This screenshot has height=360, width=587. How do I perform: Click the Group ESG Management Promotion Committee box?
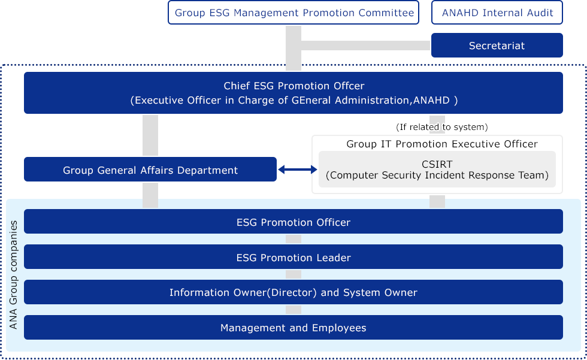pos(293,13)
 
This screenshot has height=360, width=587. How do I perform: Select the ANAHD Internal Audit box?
pos(497,13)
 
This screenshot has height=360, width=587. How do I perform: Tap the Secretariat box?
pos(497,46)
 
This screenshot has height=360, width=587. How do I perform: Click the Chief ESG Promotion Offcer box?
pos(293,93)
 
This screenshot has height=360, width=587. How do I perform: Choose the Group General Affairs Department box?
pos(150,170)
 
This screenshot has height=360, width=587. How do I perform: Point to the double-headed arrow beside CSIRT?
pos(298,170)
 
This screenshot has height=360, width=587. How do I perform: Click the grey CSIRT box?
pos(437,169)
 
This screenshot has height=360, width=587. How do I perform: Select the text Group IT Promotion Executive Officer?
pos(442,144)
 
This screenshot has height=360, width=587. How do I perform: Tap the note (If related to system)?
pos(442,127)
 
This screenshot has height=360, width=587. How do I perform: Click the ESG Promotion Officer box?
pos(293,222)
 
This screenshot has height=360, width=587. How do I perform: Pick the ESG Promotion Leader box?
pos(293,257)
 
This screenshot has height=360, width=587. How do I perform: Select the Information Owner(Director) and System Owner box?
pos(293,292)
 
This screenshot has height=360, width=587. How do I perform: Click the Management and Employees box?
pos(293,328)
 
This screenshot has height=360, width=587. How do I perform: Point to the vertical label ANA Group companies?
pos(13,275)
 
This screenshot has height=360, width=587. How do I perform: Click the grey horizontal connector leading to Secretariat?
pos(366,46)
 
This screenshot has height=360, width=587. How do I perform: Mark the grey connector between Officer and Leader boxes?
pos(293,239)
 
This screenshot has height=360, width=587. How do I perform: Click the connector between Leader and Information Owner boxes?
pos(293,274)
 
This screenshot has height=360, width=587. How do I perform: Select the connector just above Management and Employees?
pos(293,310)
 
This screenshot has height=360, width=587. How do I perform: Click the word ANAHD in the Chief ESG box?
pos(431,100)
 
